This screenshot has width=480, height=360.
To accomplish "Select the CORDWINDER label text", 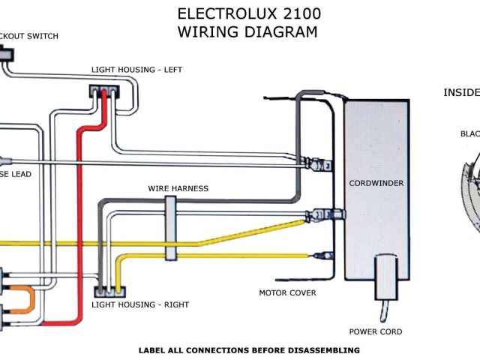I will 377,183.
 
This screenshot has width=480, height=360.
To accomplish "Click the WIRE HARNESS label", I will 178,188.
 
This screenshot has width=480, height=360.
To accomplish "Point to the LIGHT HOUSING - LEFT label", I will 136,70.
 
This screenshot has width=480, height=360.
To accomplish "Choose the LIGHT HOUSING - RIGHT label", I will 140,304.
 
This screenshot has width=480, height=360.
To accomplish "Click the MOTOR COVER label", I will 287,292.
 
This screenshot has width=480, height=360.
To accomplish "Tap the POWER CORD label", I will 376,331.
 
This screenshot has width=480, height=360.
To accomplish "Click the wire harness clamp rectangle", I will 170,229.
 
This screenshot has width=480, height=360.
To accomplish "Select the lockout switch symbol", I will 6,55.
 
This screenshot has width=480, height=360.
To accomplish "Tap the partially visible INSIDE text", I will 461,93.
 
